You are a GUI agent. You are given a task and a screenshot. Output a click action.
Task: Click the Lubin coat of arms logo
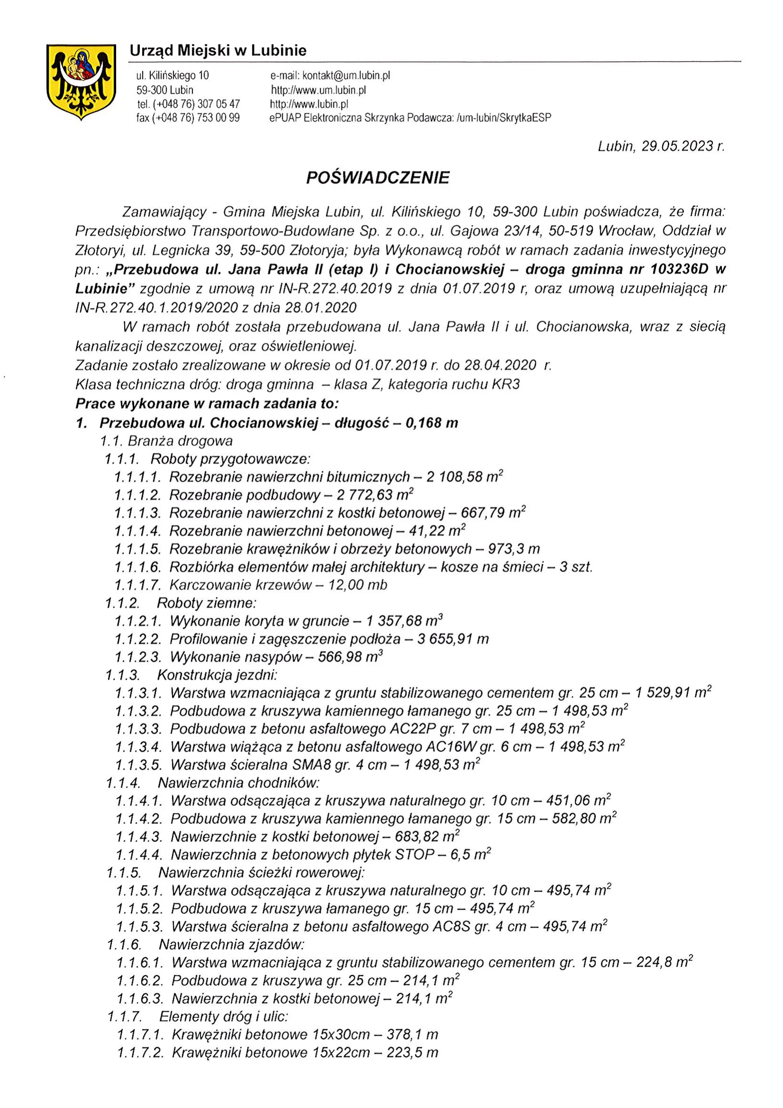81,81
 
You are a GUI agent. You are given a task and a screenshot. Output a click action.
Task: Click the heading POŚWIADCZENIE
378,178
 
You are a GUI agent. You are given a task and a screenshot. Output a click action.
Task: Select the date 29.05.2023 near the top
677,146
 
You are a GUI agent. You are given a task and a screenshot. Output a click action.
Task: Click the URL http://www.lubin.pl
309,104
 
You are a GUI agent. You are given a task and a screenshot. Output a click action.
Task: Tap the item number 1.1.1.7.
137,585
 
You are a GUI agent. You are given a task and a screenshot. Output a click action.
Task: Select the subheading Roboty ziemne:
207,603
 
